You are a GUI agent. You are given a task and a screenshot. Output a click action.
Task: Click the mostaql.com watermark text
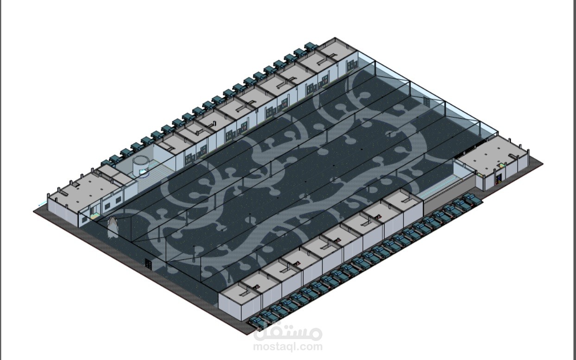coord(288,347)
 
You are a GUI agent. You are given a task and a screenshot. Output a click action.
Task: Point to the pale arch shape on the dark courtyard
coord(113,227)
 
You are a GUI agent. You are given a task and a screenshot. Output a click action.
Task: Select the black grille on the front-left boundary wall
coord(148,264)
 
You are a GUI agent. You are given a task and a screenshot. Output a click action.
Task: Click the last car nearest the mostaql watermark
coord(255,322)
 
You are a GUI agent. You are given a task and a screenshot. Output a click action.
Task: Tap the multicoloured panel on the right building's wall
coord(499,178)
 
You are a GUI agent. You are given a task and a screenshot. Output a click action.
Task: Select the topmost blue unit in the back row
coord(311,46)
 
